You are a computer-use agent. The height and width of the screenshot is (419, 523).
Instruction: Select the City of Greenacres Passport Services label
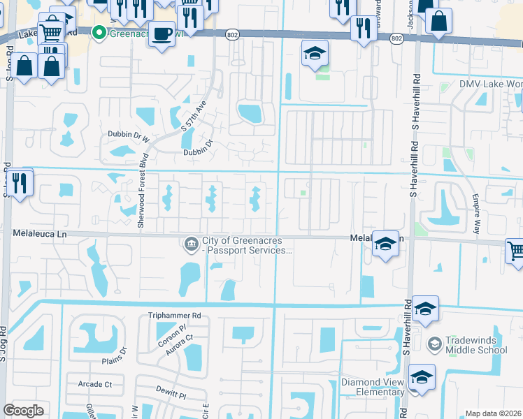pos(246,245)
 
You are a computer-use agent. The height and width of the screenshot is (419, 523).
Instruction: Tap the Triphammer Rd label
pos(174,316)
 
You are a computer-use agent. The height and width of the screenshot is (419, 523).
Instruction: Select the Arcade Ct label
pos(95,384)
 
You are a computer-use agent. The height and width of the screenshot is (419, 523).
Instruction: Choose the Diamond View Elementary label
pos(372,387)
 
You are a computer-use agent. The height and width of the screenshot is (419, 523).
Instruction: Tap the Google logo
pos(23,411)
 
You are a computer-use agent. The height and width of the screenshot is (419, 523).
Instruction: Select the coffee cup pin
pos(162,33)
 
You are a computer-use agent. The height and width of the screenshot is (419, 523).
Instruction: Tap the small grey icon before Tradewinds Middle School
pos(434,344)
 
